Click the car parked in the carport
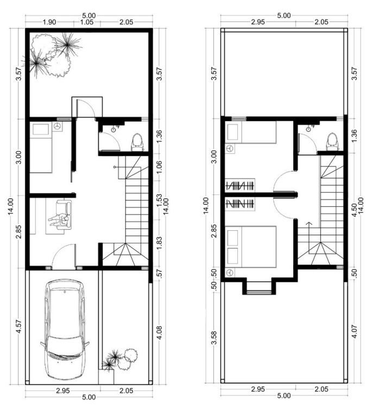[65, 329]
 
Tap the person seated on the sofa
[59, 221]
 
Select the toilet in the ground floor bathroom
[137, 142]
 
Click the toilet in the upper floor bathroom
[333, 142]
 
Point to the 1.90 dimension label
[49, 22]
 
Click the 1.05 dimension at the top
[86, 22]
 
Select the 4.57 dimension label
[19, 326]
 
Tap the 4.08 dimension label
[160, 332]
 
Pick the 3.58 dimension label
[214, 337]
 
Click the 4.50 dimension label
[354, 210]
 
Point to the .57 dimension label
[160, 273]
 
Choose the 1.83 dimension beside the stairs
[160, 243]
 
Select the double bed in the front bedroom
[251, 247]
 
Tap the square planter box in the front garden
[106, 376]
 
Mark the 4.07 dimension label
[354, 331]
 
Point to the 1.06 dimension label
[160, 167]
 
